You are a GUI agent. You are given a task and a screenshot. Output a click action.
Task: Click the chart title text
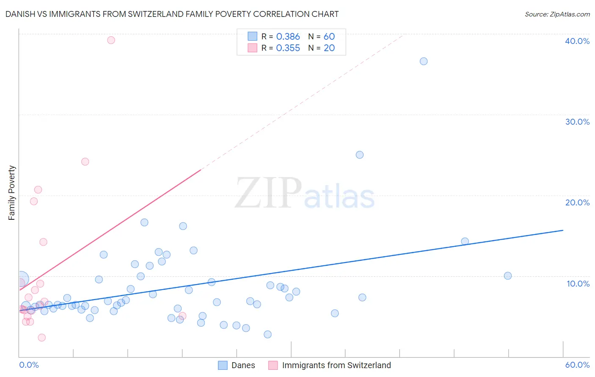click(x=172, y=14)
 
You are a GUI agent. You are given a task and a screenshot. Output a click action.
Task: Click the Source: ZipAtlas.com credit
click(x=557, y=14)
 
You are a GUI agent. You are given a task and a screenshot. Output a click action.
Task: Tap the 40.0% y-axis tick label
click(x=577, y=41)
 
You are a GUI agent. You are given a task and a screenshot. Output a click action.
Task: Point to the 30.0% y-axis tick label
click(x=577, y=122)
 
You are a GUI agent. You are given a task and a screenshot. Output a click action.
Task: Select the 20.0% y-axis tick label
click(x=577, y=202)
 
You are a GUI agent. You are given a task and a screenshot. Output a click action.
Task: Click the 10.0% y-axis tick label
click(x=578, y=284)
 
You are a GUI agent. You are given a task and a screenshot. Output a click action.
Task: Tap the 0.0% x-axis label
click(x=29, y=365)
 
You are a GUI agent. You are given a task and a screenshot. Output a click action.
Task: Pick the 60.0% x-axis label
click(x=577, y=365)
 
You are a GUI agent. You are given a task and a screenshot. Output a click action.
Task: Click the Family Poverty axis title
click(x=12, y=193)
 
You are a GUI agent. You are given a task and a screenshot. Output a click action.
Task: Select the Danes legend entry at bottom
click(x=243, y=365)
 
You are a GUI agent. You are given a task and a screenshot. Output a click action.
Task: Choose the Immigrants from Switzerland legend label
click(x=336, y=365)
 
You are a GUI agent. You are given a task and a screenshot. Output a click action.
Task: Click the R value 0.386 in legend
click(x=288, y=37)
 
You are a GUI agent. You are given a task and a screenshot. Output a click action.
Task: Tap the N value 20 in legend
click(x=329, y=48)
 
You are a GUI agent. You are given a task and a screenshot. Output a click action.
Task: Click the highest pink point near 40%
click(x=111, y=40)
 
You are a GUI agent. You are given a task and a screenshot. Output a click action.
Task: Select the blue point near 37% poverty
click(x=424, y=61)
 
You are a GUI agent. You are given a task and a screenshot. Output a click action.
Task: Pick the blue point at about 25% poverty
click(x=360, y=155)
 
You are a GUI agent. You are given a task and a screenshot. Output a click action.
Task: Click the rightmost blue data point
click(x=508, y=276)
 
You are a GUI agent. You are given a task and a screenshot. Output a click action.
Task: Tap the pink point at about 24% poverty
click(x=85, y=161)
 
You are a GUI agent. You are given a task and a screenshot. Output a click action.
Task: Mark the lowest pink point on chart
click(x=41, y=337)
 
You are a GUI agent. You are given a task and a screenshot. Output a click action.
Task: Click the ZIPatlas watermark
click(x=305, y=194)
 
